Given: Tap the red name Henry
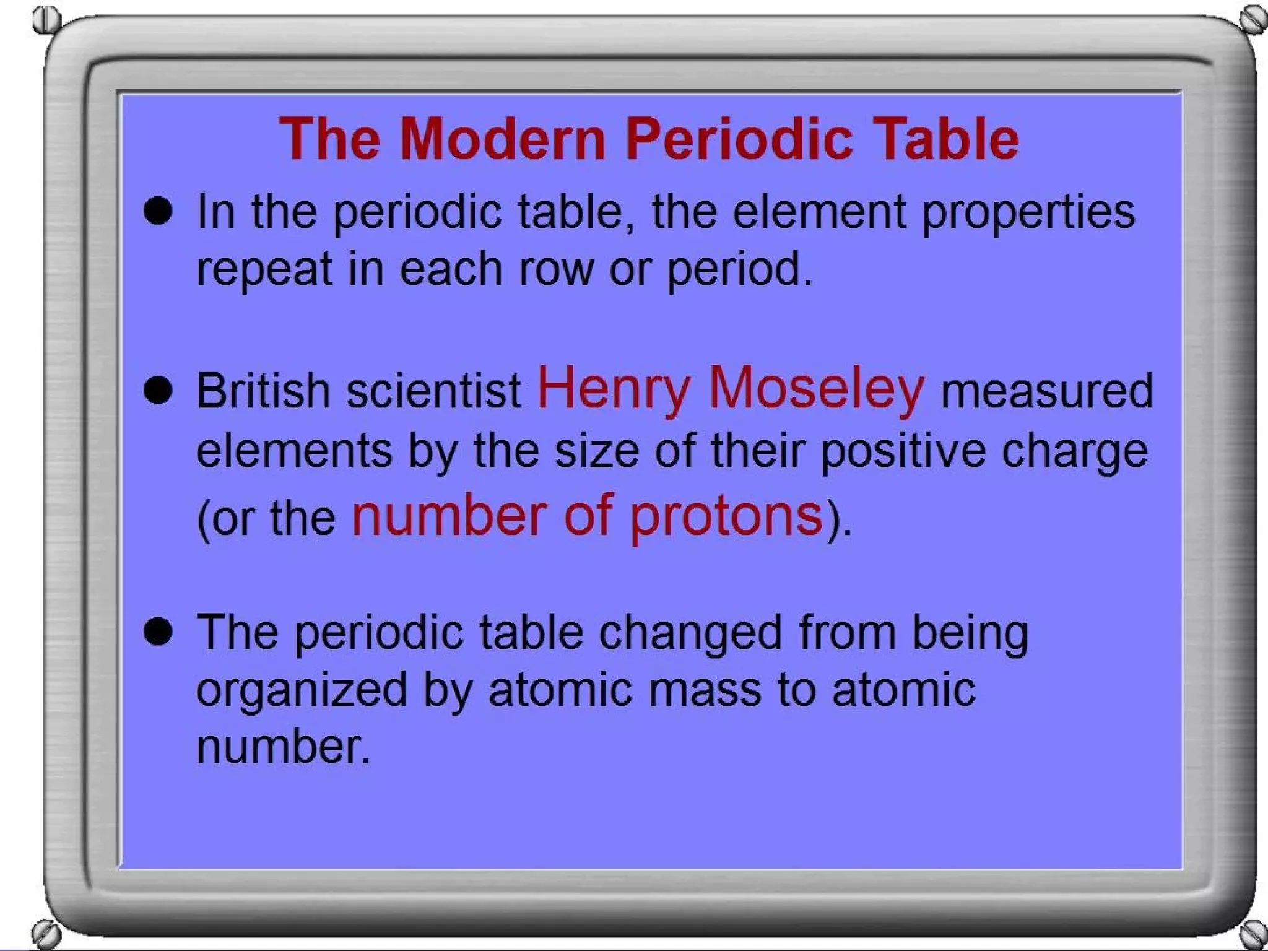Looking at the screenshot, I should coord(613,388).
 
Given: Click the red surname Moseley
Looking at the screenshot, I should coord(816,388).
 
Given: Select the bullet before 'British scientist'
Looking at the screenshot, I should coord(158,391).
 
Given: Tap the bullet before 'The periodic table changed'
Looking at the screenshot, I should coord(158,632).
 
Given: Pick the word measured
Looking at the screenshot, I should coord(1046,391).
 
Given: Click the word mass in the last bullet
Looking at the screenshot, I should coord(704,690).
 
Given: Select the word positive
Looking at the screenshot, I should coord(903,451).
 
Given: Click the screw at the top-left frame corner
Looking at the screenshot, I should coord(46,20).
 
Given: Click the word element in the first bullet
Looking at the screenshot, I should coord(819,212).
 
